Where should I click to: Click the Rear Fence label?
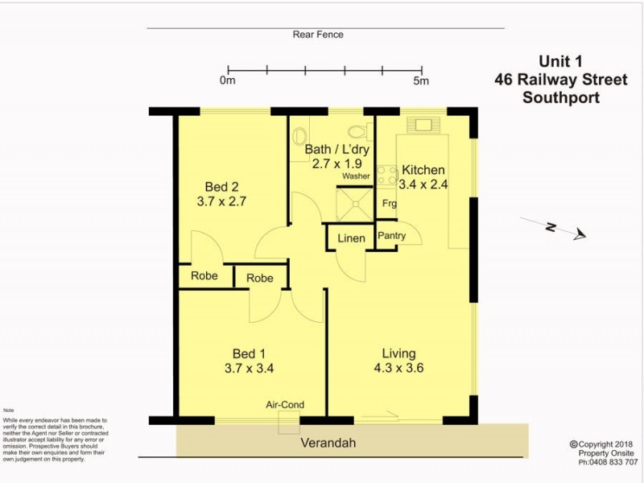pyautogui.click(x=318, y=35)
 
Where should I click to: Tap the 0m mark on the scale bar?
pyautogui.click(x=228, y=80)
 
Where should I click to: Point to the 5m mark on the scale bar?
pyautogui.click(x=421, y=80)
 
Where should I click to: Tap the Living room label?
pyautogui.click(x=398, y=353)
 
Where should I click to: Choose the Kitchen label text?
pyautogui.click(x=423, y=170)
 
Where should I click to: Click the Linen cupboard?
pyautogui.click(x=350, y=238)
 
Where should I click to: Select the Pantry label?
pyautogui.click(x=392, y=236)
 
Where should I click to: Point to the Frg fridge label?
pyautogui.click(x=389, y=203)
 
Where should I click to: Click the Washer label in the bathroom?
pyautogui.click(x=355, y=175)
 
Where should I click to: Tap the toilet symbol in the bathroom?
pyautogui.click(x=356, y=131)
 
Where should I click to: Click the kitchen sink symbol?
pyautogui.click(x=423, y=125)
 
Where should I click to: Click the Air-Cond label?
pyautogui.click(x=286, y=405)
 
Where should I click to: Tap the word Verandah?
pyautogui.click(x=328, y=443)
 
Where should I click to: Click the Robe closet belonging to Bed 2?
pyautogui.click(x=204, y=275)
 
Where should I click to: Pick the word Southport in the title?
pyautogui.click(x=561, y=98)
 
